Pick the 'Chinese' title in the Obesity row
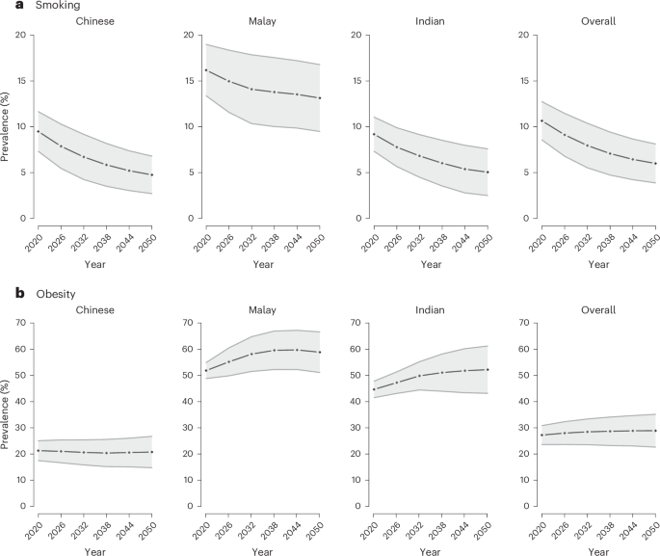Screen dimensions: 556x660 (x=94, y=309)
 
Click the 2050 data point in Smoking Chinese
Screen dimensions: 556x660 (x=152, y=174)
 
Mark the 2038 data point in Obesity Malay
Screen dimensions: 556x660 (x=275, y=350)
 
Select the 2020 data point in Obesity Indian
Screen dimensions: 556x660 (x=370, y=389)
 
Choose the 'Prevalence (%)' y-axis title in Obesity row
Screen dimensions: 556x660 (x=8, y=413)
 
